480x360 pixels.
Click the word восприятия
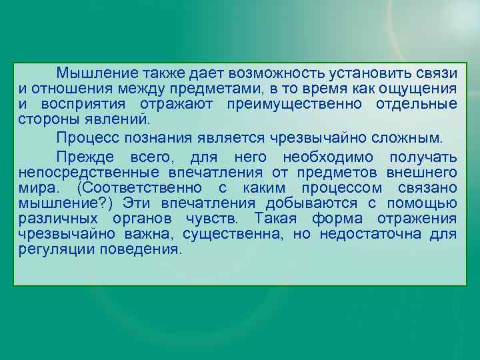click(91, 105)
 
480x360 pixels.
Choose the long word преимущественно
click(295, 105)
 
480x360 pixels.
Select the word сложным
click(408, 139)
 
